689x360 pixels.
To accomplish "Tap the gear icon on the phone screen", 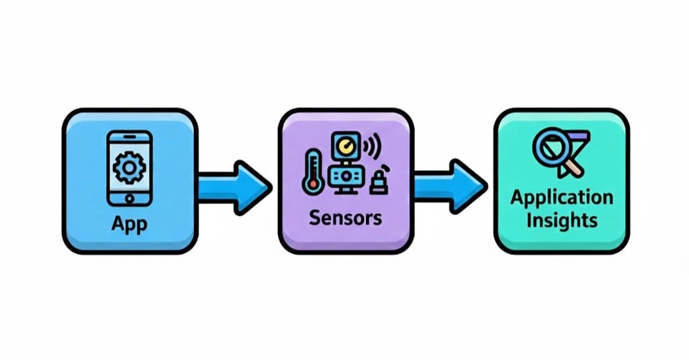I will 129,168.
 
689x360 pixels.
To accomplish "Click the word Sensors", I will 346,217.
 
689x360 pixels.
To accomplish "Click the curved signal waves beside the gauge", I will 371,146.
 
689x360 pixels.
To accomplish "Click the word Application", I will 562,198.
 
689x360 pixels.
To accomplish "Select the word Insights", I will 562,220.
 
